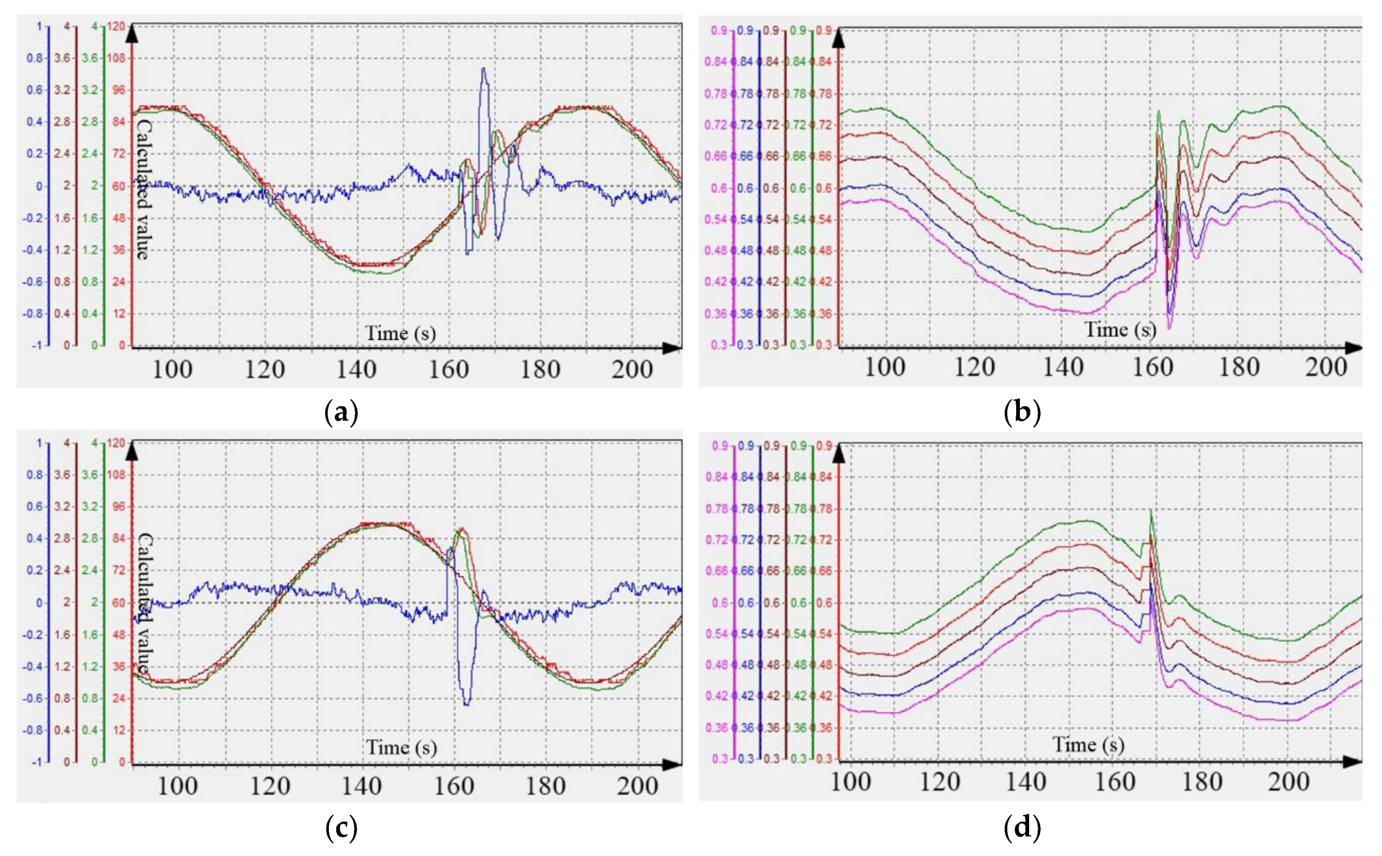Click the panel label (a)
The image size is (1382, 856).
pos(341,412)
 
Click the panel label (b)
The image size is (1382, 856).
pos(1022,412)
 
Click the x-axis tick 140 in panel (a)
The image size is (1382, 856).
pos(356,370)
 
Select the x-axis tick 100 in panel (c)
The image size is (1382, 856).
pos(177,786)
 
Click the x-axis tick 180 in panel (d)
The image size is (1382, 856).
pos(1201,783)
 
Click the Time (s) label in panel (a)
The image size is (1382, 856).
pos(400,333)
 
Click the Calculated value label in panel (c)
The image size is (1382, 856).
pos(145,603)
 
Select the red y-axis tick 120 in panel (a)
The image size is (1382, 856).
pos(117,26)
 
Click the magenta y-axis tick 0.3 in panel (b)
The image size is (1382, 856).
pos(718,345)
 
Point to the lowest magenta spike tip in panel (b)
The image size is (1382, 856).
pos(1170,328)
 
